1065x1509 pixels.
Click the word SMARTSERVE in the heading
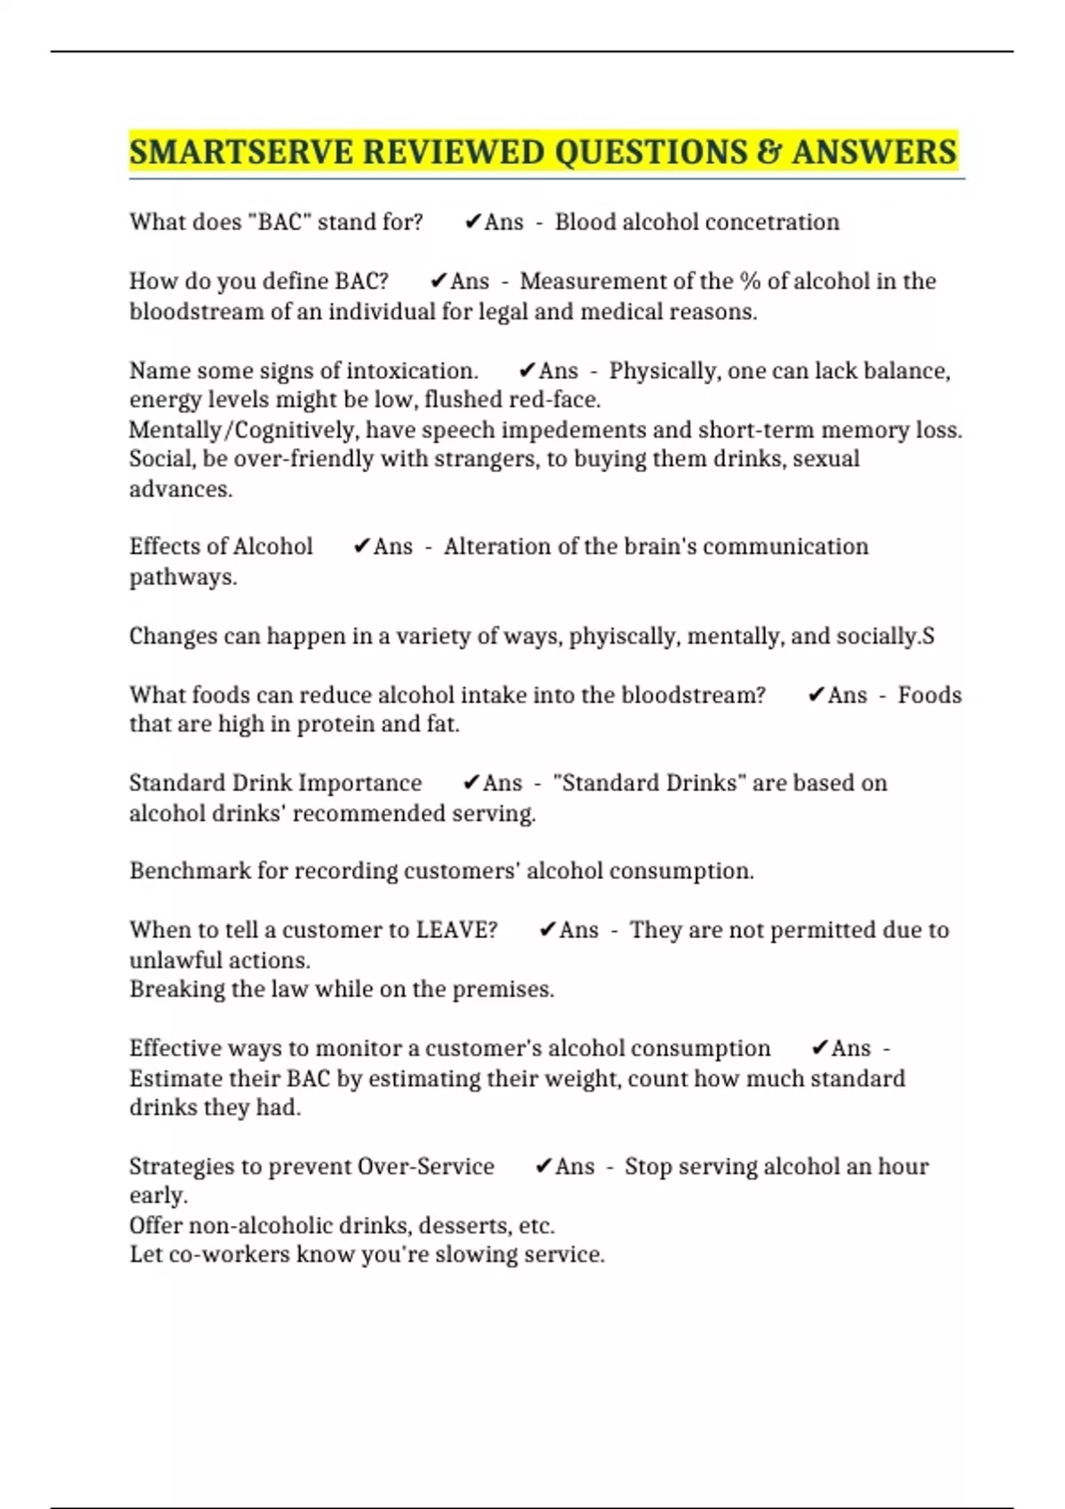tap(241, 152)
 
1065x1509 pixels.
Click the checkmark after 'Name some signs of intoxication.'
tap(527, 370)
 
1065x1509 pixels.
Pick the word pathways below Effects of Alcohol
tap(183, 577)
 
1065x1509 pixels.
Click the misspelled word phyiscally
tap(622, 636)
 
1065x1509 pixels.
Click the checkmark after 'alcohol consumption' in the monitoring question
tap(819, 1048)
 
